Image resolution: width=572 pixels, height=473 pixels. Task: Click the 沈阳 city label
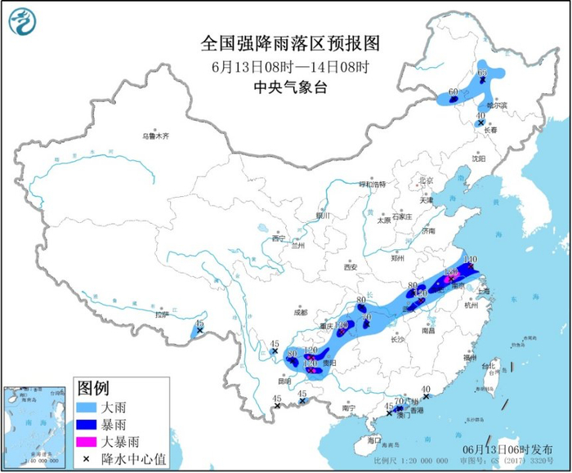coord(476,159)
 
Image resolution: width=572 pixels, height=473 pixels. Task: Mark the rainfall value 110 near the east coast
coord(469,260)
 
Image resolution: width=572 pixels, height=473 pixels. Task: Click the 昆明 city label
coord(284,380)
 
